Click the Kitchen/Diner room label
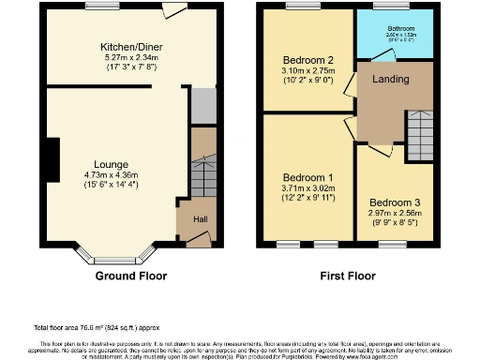click(x=129, y=45)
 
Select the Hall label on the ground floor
click(x=201, y=219)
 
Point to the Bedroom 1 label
click(x=307, y=177)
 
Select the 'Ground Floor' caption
click(x=131, y=277)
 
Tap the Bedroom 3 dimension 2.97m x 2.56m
click(x=394, y=215)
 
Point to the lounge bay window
click(x=110, y=255)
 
